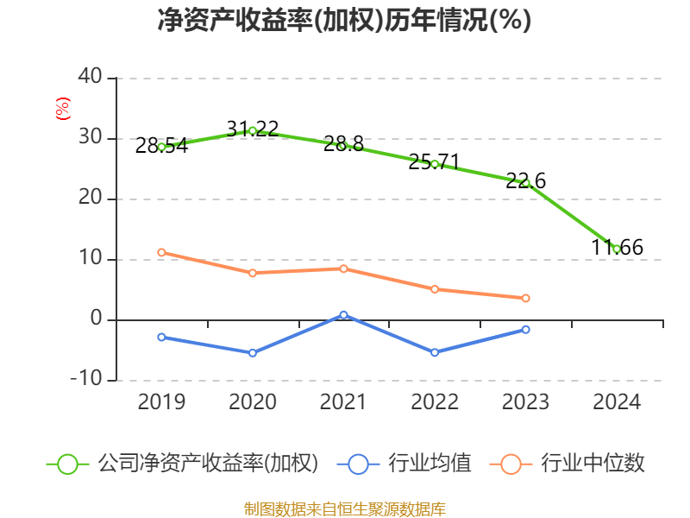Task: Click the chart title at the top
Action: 344,21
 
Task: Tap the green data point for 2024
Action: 617,249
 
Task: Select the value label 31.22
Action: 253,129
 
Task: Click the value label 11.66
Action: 617,248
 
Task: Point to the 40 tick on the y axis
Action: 90,78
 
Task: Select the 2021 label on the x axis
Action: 343,402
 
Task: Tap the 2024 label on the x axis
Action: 617,402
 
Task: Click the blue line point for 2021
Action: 343,315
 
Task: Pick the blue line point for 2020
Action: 253,353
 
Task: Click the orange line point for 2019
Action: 161,252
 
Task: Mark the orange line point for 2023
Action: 526,298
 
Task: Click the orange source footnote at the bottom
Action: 344,509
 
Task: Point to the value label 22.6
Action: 526,181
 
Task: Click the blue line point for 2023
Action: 526,329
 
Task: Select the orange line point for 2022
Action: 435,289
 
